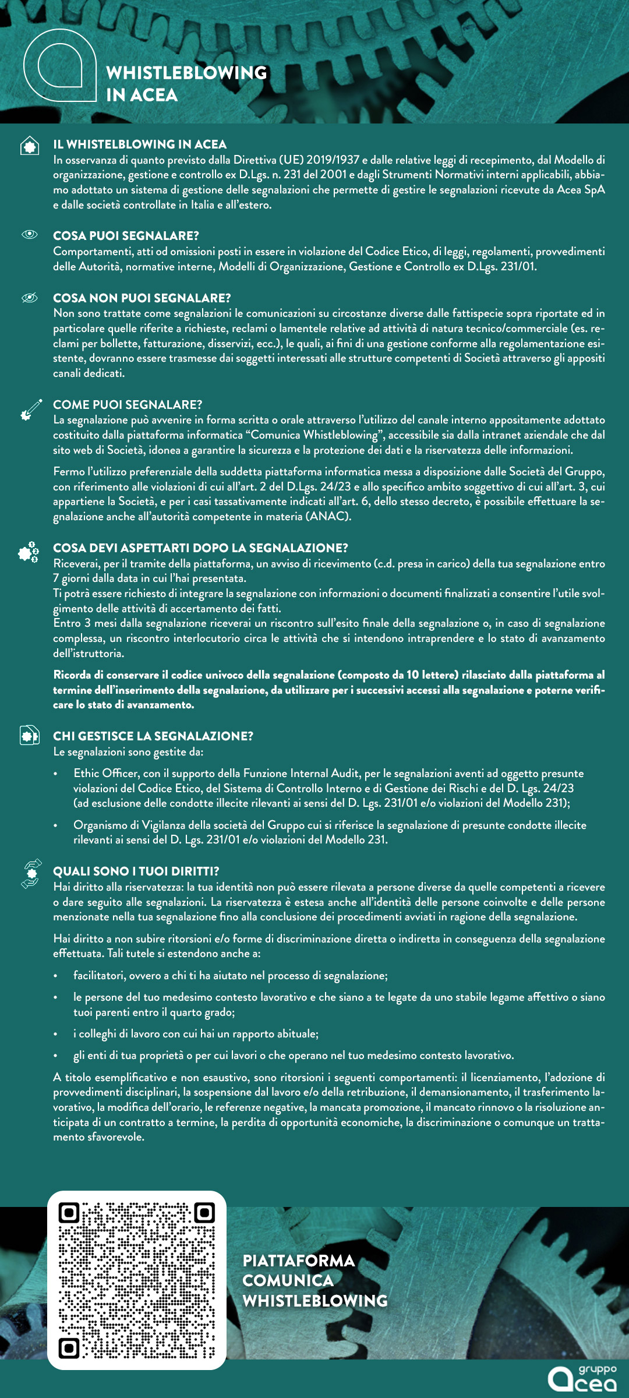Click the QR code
click(x=137, y=1280)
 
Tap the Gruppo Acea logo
click(x=582, y=1378)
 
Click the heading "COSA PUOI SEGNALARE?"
click(x=126, y=236)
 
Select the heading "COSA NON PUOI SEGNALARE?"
click(x=142, y=298)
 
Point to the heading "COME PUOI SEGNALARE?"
click(x=128, y=405)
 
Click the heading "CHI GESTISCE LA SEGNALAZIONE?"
click(x=153, y=736)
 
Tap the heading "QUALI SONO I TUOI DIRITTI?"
click(x=136, y=871)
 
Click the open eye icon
click(x=30, y=234)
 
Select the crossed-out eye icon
click(x=30, y=298)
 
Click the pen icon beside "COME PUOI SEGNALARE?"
click(x=31, y=409)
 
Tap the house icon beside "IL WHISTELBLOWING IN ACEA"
click(x=30, y=146)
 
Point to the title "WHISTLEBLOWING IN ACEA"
click(x=186, y=84)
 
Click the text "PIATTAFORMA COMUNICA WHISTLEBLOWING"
click(x=314, y=1280)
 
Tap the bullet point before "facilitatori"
click(x=56, y=976)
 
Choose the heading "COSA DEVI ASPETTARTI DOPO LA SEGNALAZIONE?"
click(x=200, y=548)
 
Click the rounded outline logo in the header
click(x=60, y=65)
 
